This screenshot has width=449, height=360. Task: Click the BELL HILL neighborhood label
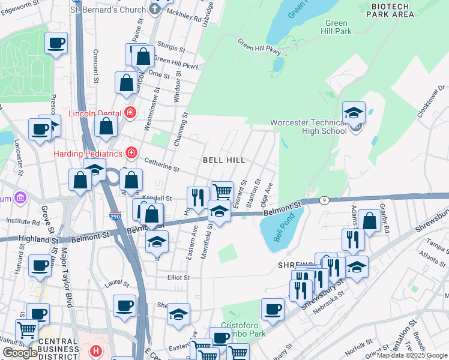click(x=223, y=160)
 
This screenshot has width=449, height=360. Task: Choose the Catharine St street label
click(x=161, y=166)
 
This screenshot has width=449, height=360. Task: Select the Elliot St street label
click(x=178, y=278)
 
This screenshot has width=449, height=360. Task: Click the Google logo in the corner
click(x=20, y=353)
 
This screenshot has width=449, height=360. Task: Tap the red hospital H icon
click(x=95, y=350)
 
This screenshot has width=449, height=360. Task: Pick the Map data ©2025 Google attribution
click(x=412, y=355)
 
